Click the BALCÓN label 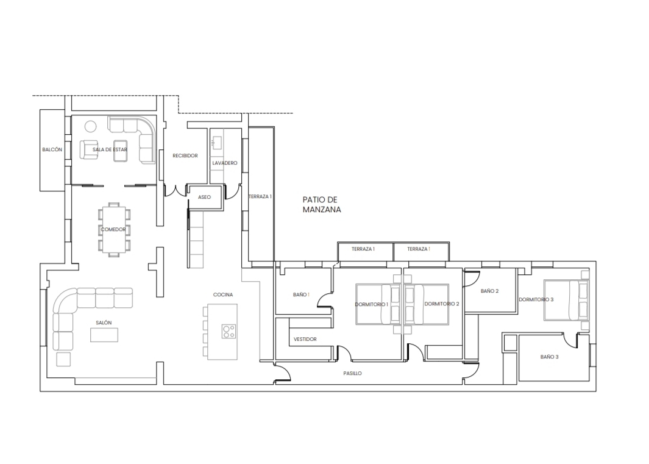pos(52,149)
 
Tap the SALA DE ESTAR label pos(110,149)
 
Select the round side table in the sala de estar pos(90,126)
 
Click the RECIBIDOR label pos(185,155)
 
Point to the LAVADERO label pos(225,163)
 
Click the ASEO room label pos(205,197)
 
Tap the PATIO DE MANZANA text pos(322,205)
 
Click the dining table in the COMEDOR pos(113,229)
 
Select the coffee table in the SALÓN pos(104,335)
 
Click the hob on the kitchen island pos(229,331)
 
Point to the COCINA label pos(223,295)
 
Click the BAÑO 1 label pos(301,295)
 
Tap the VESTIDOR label pos(305,339)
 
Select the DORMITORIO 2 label pos(442,304)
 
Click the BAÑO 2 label pos(490,291)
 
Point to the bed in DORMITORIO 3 pos(566,300)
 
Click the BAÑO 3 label pos(549,357)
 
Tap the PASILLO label pos(353,373)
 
